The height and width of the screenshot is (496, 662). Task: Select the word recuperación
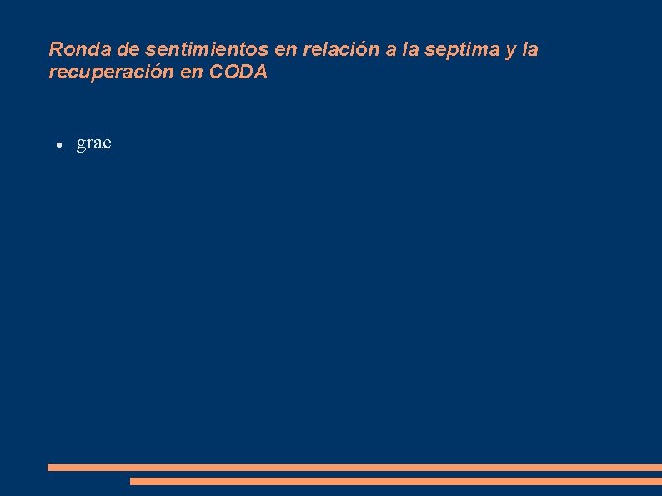[103, 73]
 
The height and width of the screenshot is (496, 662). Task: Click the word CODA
[238, 73]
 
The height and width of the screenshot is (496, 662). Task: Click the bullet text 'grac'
[93, 143]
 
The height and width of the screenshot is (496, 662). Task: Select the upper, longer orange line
[354, 468]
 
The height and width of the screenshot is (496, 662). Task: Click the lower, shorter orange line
[395, 481]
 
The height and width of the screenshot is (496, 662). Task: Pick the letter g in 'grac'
[82, 144]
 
